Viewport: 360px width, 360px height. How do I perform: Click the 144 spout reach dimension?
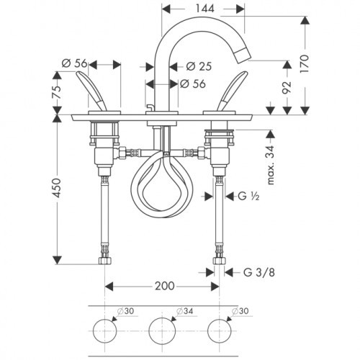(x=204, y=9)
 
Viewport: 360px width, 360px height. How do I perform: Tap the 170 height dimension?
(x=305, y=64)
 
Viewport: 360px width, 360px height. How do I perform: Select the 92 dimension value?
(x=287, y=87)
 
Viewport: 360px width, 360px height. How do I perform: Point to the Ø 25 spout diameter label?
(x=199, y=66)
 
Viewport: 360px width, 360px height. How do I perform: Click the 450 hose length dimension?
(x=57, y=188)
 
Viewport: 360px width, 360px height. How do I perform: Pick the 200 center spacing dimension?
(x=165, y=286)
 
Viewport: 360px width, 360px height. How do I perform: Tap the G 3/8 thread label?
(x=259, y=272)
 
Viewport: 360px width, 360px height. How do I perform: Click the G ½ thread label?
(x=248, y=197)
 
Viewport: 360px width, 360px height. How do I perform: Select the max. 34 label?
(x=271, y=165)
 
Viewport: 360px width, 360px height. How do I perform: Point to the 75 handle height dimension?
(x=57, y=92)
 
